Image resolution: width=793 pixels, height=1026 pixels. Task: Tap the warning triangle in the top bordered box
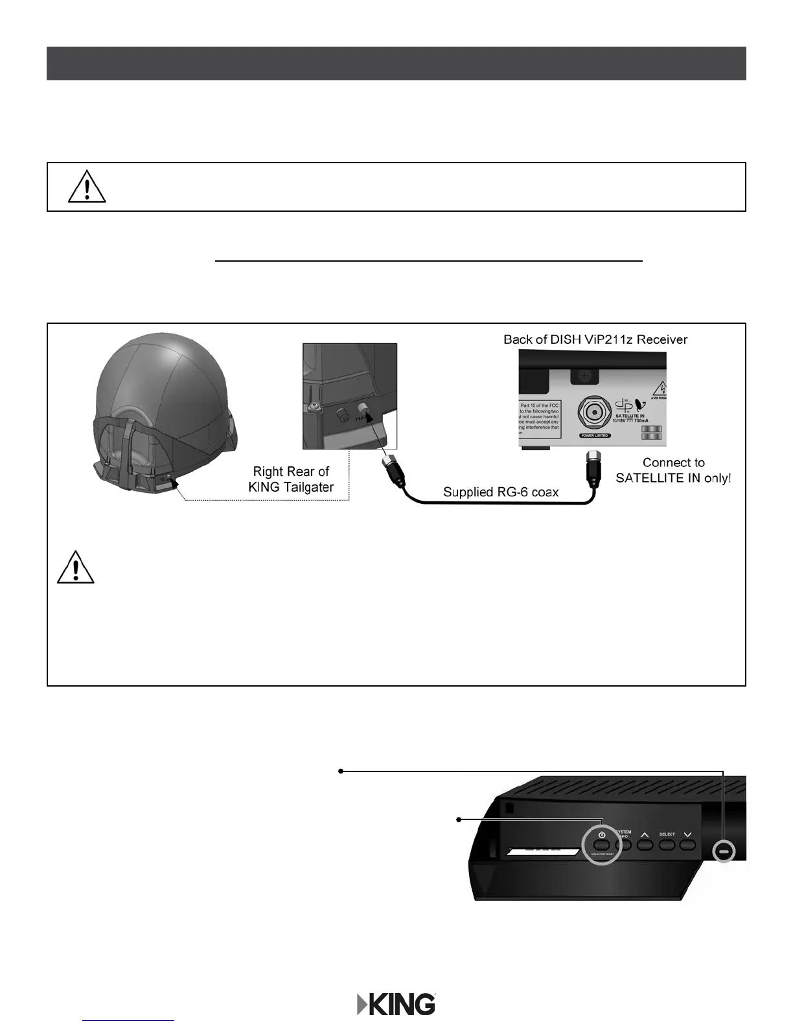click(87, 187)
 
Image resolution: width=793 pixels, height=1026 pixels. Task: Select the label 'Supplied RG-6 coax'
click(500, 492)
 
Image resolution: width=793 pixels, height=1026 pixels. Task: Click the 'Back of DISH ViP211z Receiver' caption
click(595, 339)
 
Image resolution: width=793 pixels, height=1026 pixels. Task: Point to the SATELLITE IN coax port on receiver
click(594, 413)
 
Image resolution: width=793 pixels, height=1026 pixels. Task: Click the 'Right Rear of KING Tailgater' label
click(291, 479)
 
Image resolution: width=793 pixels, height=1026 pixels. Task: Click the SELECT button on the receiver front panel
click(667, 845)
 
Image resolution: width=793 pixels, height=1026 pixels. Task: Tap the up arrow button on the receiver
click(644, 844)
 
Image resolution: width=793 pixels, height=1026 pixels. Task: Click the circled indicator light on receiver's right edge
click(724, 850)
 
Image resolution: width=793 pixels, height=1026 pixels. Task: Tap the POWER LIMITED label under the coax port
click(594, 436)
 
